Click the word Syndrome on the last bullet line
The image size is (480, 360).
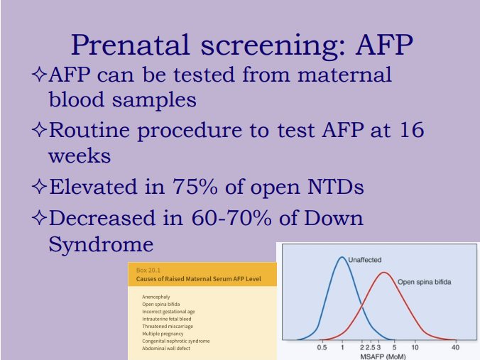(x=100, y=244)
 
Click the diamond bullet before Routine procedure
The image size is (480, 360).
(x=39, y=131)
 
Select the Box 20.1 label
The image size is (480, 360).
(x=148, y=271)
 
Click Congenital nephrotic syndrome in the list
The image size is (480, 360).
(x=175, y=341)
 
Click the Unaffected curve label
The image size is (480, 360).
(x=364, y=261)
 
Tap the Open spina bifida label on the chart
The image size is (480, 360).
(x=424, y=282)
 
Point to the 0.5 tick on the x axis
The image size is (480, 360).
(x=322, y=348)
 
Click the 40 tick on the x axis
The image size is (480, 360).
(x=455, y=348)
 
